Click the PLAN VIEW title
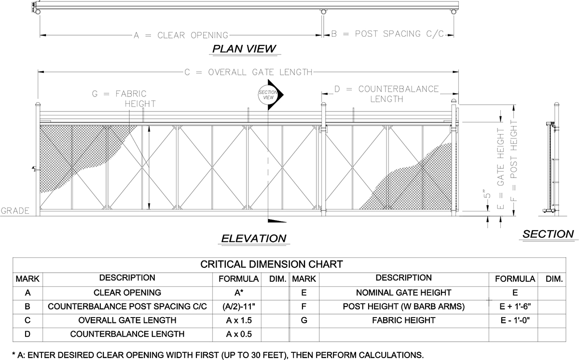(244, 49)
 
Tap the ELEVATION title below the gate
(254, 238)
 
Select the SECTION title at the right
(548, 234)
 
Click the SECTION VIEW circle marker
(268, 95)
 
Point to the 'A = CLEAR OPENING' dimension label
(181, 35)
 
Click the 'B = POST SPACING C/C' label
(387, 34)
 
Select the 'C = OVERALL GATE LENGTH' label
(248, 72)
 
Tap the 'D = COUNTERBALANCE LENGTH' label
(386, 94)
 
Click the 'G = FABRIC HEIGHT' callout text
(124, 98)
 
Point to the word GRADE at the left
(15, 211)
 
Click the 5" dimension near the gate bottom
(487, 194)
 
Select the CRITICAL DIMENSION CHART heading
(271, 264)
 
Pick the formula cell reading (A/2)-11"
(238, 306)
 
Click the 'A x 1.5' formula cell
(239, 320)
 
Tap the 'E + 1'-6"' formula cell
(515, 306)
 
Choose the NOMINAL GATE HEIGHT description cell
(403, 292)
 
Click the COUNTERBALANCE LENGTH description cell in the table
(127, 334)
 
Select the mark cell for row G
(304, 320)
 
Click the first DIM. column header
(278, 279)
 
